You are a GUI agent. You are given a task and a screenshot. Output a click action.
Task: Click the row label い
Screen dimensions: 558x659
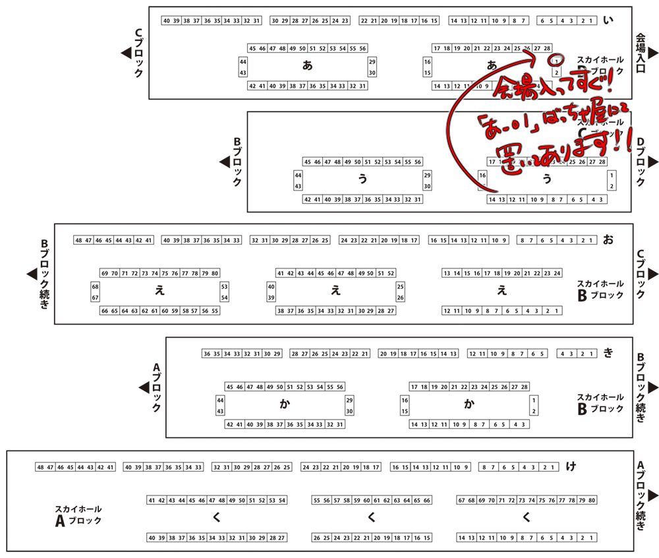click(x=608, y=20)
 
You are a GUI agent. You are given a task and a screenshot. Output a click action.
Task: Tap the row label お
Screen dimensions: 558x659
click(x=608, y=240)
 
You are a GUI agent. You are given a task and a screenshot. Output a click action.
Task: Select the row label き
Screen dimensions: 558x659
click(x=608, y=354)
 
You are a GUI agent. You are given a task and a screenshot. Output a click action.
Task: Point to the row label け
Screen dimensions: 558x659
click(x=571, y=467)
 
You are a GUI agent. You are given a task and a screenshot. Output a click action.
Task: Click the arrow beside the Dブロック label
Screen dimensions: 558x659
click(x=653, y=162)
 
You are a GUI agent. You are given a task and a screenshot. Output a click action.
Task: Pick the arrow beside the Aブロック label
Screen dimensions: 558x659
click(x=144, y=388)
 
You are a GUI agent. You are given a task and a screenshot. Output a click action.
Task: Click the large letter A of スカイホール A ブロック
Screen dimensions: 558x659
click(x=61, y=521)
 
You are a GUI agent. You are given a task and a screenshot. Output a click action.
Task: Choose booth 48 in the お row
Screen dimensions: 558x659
click(x=79, y=240)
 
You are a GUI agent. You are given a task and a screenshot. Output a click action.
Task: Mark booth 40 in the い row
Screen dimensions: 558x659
click(x=166, y=20)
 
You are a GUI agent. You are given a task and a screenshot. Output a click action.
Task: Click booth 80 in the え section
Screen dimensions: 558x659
click(x=215, y=273)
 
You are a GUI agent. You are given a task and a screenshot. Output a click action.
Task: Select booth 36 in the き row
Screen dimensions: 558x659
click(x=207, y=354)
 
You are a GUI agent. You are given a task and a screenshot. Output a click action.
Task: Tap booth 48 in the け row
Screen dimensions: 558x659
click(x=41, y=467)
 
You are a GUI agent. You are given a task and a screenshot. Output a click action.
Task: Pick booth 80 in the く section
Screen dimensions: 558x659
click(x=592, y=500)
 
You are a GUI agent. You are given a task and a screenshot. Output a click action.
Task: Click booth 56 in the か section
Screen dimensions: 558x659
click(x=340, y=387)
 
